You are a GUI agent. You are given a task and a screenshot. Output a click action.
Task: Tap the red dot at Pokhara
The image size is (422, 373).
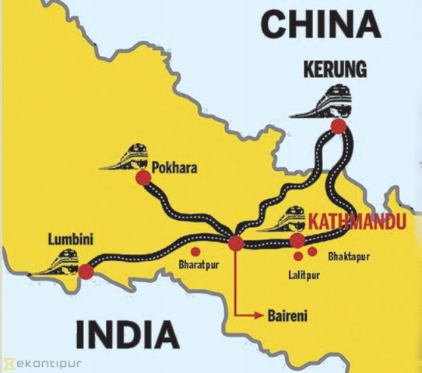tap(142, 179)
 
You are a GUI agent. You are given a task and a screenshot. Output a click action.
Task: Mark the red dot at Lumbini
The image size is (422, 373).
tap(86, 272)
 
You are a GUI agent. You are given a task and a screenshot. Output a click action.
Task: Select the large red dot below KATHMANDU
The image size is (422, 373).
tap(297, 240)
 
